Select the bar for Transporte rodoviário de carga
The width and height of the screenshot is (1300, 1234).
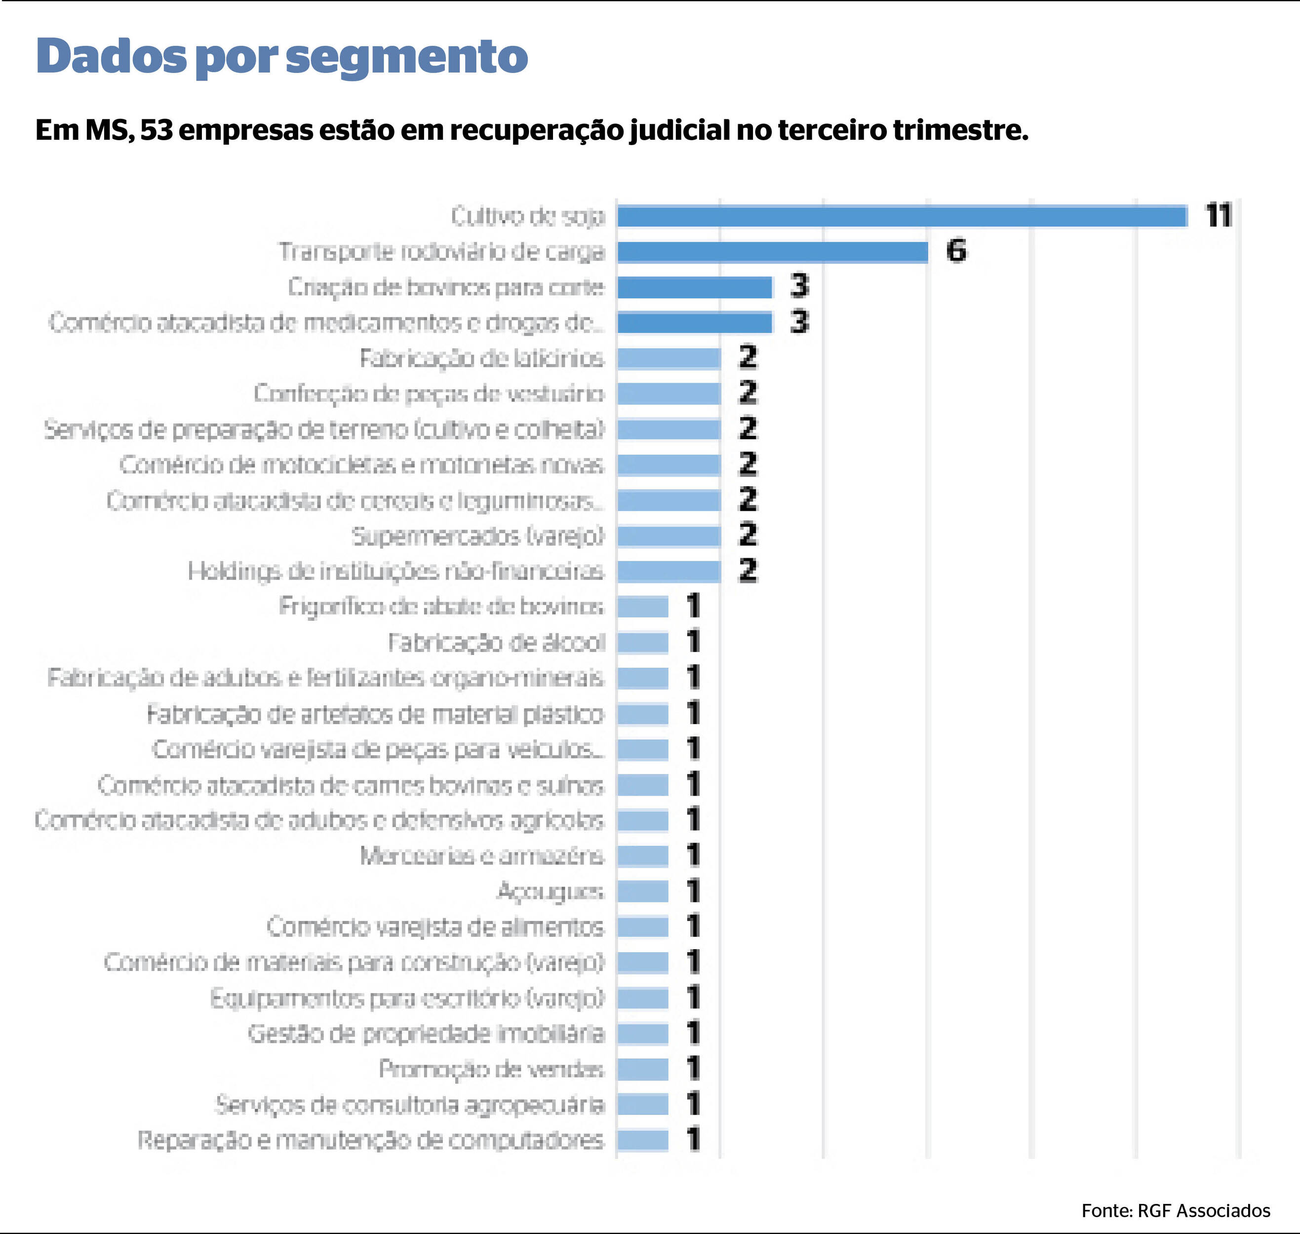(772, 252)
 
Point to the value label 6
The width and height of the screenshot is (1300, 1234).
(956, 251)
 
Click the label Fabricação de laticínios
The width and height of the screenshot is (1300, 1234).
(481, 358)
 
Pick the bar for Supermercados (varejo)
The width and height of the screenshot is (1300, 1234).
(669, 536)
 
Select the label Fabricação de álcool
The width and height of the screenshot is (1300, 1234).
(496, 643)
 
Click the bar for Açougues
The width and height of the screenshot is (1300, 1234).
(643, 891)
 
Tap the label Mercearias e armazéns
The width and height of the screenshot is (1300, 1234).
(481, 856)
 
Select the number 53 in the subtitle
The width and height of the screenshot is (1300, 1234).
(156, 130)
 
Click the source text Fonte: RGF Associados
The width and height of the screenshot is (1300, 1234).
(1176, 1210)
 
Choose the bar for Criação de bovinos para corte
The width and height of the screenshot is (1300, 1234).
(694, 287)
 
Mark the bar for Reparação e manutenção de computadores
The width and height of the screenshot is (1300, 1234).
(643, 1140)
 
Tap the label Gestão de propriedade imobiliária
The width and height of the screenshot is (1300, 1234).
(426, 1034)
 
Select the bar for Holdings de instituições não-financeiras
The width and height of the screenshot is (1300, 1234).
(669, 572)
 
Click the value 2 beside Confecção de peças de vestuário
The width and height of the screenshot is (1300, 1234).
(748, 393)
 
